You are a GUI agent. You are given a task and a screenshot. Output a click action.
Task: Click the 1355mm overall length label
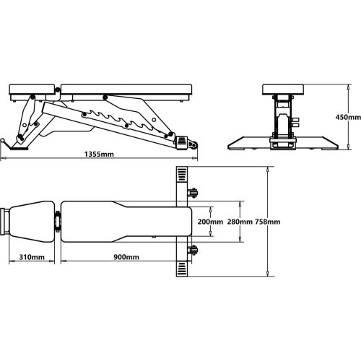tap(99, 154)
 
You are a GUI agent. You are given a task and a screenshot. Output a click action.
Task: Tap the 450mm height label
tap(348, 117)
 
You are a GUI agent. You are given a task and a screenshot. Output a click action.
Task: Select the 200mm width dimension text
tap(210, 222)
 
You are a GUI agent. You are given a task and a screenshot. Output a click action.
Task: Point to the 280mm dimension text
tap(240, 222)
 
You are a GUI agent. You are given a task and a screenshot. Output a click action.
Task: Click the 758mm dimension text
tap(268, 222)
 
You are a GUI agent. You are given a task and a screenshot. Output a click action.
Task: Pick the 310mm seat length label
tap(32, 257)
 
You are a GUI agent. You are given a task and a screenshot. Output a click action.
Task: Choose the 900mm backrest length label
tap(126, 257)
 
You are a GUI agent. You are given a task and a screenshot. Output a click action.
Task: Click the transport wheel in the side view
tap(193, 145)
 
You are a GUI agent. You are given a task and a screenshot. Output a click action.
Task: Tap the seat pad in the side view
tap(32, 90)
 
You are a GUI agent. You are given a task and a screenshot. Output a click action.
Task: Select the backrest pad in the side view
tap(126, 90)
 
